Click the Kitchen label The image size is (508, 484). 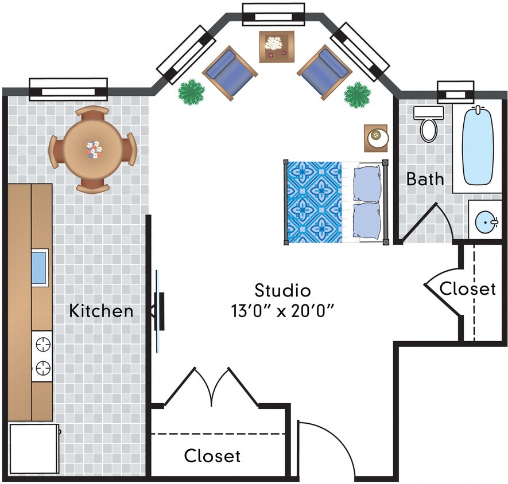101,311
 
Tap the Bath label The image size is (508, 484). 425,179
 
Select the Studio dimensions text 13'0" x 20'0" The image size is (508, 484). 282,311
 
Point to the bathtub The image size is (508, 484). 478,146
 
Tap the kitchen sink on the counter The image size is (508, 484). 39,268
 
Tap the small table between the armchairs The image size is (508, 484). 276,46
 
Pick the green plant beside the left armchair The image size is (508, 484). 191,92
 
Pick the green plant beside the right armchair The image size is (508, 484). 358,94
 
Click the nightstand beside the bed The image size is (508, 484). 376,136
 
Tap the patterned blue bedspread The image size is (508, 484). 313,202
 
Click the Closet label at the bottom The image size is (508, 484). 212,456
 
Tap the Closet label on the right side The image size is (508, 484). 467,288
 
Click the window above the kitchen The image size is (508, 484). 68,89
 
